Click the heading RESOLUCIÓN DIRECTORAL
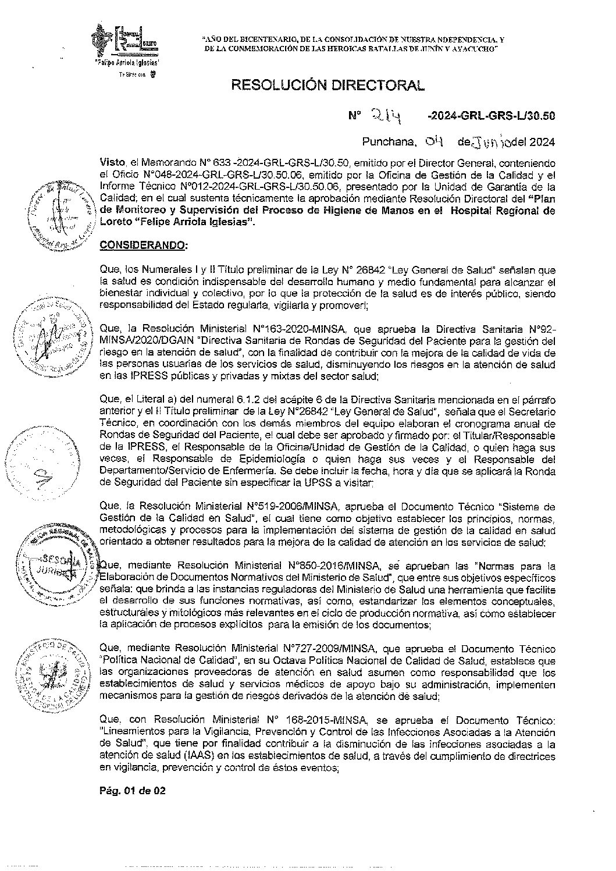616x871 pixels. pyautogui.click(x=328, y=85)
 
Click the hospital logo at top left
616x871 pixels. pyautogui.click(x=127, y=41)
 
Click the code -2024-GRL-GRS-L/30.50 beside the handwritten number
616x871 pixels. pyautogui.click(x=490, y=116)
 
